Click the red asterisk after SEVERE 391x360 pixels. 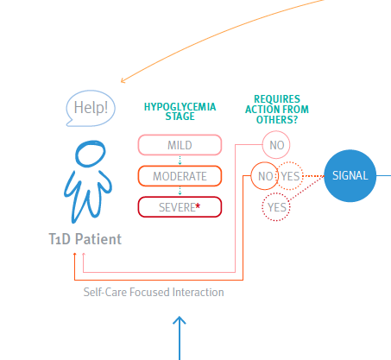click(198, 205)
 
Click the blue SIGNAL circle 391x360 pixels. click(350, 175)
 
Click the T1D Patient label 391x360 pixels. click(85, 239)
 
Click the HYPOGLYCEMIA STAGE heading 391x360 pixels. click(180, 111)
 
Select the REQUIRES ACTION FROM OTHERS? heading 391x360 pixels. click(277, 110)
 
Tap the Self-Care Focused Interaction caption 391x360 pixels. click(154, 292)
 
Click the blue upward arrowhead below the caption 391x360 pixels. click(180, 320)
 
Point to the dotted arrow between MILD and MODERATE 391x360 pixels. click(180, 161)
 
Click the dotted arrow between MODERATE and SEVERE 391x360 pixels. click(180, 191)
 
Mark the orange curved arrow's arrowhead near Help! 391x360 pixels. click(123, 80)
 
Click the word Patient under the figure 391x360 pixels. click(98, 239)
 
